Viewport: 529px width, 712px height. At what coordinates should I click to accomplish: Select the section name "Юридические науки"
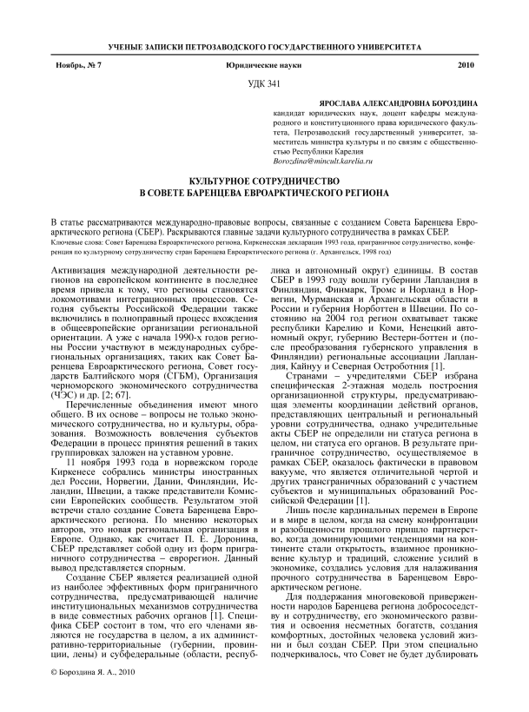265,65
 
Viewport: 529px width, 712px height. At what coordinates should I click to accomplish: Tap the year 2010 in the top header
466,65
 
